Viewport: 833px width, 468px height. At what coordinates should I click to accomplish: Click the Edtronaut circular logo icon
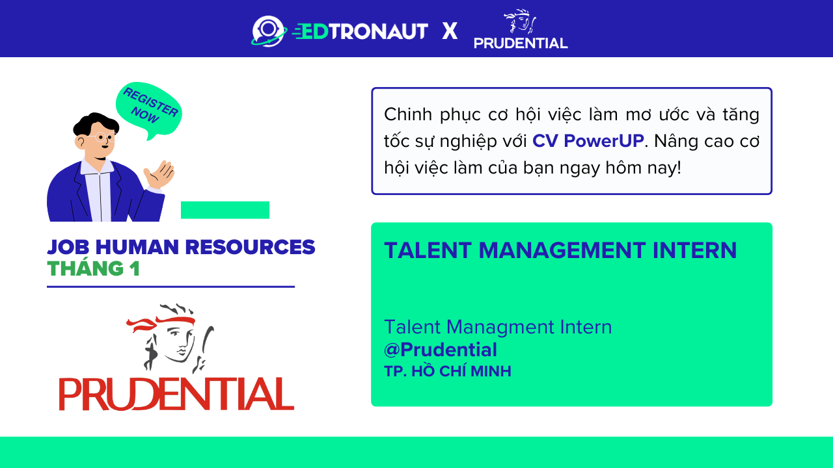(x=269, y=31)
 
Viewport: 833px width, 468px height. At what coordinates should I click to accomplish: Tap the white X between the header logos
(x=450, y=31)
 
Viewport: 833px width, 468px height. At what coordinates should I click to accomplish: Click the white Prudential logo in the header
(x=521, y=31)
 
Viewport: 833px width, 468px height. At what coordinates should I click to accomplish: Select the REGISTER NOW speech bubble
(x=149, y=109)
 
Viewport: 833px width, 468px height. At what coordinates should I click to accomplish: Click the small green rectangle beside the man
(x=225, y=210)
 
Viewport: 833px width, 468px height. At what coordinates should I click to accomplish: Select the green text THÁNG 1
(x=93, y=268)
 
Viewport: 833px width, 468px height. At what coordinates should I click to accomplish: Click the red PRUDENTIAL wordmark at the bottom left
(x=176, y=393)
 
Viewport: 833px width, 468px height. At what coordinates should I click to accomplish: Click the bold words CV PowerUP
(x=588, y=141)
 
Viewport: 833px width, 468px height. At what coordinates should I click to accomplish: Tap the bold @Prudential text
(x=441, y=350)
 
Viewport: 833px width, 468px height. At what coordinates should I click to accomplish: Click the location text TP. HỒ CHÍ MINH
(x=448, y=372)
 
